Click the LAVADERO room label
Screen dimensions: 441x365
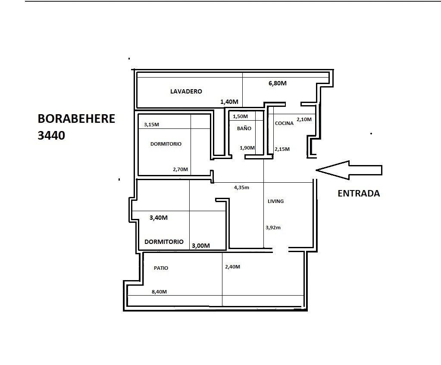(x=186, y=91)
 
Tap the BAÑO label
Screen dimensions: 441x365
(x=244, y=128)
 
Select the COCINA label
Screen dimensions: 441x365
(x=284, y=123)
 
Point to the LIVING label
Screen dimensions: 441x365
(x=275, y=201)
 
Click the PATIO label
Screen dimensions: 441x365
(x=161, y=268)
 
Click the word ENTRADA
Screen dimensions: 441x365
(x=359, y=193)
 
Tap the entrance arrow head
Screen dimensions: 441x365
(x=316, y=170)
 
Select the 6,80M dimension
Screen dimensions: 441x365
(x=278, y=83)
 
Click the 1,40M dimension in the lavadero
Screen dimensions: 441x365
(x=229, y=102)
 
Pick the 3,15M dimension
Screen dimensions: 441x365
(x=151, y=125)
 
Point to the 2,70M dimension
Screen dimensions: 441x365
(x=180, y=169)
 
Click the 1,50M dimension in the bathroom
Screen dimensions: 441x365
(x=240, y=116)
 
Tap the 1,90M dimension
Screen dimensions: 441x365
(x=247, y=148)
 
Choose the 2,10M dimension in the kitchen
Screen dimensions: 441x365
(x=304, y=119)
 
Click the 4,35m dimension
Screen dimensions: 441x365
(x=241, y=187)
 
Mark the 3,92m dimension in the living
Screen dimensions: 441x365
(x=273, y=228)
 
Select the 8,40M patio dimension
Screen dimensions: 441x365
(x=159, y=292)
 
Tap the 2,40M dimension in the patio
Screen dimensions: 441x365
(x=233, y=267)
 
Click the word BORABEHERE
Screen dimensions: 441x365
(x=76, y=119)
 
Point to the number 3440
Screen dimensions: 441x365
(x=51, y=135)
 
